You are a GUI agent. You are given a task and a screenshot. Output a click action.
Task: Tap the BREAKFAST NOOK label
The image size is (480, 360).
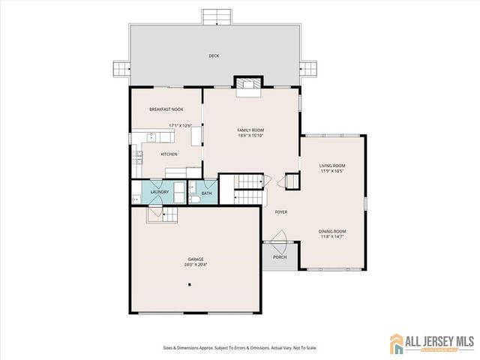click(166, 109)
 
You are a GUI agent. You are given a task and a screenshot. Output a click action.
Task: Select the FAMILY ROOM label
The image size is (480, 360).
click(251, 130)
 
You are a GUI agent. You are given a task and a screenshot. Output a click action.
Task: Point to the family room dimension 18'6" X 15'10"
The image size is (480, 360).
click(251, 136)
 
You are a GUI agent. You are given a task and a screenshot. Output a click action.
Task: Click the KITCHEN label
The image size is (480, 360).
click(169, 154)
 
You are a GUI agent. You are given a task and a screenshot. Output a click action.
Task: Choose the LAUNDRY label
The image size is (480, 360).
click(159, 192)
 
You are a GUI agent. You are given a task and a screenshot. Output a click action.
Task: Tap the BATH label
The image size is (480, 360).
click(206, 193)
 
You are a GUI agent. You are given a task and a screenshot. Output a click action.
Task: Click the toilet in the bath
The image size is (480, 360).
click(193, 199)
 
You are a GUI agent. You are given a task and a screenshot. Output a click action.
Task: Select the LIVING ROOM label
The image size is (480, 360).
click(332, 166)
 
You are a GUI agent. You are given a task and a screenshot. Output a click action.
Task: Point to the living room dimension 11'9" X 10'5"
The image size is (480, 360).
click(332, 172)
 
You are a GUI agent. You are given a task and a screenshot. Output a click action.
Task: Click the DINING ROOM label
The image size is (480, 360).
click(332, 231)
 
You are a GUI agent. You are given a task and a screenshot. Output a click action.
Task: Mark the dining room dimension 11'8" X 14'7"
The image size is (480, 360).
click(332, 237)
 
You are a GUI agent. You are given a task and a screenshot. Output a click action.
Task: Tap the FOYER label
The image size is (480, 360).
click(281, 212)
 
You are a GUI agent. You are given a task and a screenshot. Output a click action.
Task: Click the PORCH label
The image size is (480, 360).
click(280, 257)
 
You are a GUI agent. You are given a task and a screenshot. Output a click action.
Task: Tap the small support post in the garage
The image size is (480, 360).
click(190, 284)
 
